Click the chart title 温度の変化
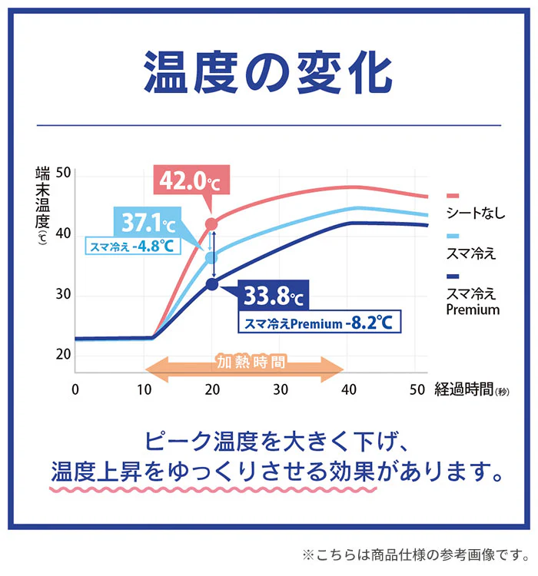[x=268, y=72]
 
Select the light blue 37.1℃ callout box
[x=145, y=223]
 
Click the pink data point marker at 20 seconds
[x=212, y=224]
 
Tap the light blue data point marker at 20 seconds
[x=212, y=258]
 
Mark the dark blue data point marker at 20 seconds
[x=212, y=284]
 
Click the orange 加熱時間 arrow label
[x=244, y=362]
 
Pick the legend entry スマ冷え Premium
[x=473, y=301]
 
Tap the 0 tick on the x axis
[x=75, y=389]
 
